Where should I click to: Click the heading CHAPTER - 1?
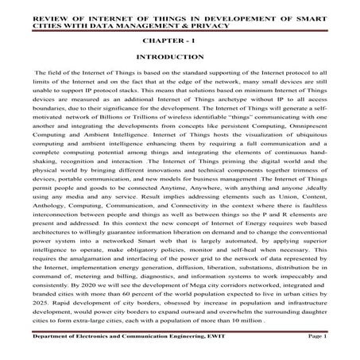click(180, 38)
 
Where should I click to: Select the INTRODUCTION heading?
click(180, 58)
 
